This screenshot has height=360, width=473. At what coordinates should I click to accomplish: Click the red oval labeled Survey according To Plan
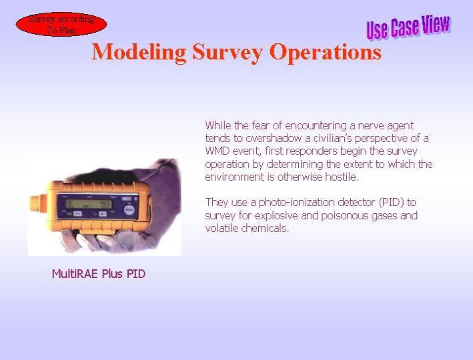click(61, 24)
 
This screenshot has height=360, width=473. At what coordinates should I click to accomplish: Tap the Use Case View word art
click(408, 27)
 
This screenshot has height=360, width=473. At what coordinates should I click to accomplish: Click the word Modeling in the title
click(139, 53)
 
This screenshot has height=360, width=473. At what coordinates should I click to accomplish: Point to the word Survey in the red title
click(227, 53)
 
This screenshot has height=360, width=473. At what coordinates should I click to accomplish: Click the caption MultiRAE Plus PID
click(99, 274)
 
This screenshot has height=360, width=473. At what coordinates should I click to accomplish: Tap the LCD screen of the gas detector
click(89, 205)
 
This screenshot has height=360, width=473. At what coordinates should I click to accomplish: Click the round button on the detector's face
click(129, 210)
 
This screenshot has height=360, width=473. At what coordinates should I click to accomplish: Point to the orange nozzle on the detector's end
click(38, 203)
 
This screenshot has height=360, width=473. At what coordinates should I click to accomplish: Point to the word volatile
click(222, 228)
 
